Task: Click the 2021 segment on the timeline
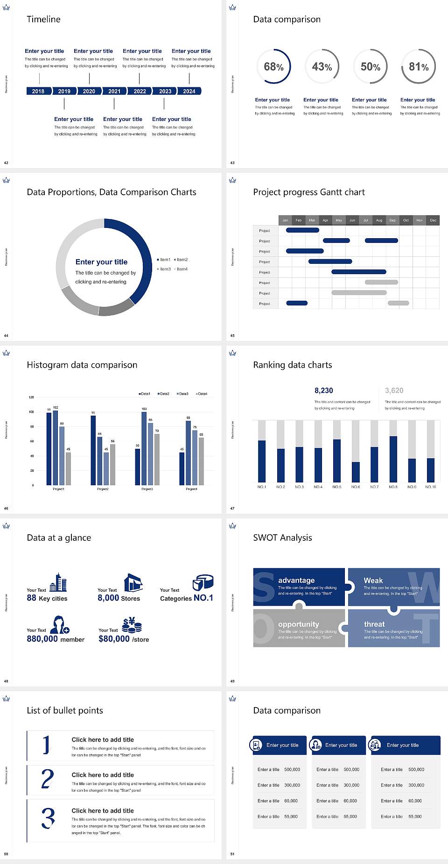[x=114, y=91]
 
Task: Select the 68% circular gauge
[x=273, y=66]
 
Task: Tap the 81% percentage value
[x=419, y=67]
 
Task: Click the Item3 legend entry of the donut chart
[x=164, y=269]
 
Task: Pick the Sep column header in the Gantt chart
[x=392, y=220]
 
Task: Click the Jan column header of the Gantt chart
[x=285, y=220]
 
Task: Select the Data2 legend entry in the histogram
[x=163, y=394]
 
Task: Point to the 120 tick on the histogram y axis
[x=31, y=397]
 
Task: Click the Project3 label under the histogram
[x=147, y=489]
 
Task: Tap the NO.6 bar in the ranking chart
[x=356, y=472]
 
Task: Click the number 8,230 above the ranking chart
[x=323, y=390]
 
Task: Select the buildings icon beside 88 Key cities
[x=58, y=582]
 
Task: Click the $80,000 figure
[x=114, y=638]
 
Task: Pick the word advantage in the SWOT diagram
[x=296, y=580]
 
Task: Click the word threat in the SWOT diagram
[x=374, y=624]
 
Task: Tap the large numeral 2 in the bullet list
[x=47, y=779]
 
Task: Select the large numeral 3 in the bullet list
[x=48, y=818]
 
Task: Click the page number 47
[x=232, y=508]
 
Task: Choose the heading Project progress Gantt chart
[x=309, y=192]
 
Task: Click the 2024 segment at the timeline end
[x=189, y=91]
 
